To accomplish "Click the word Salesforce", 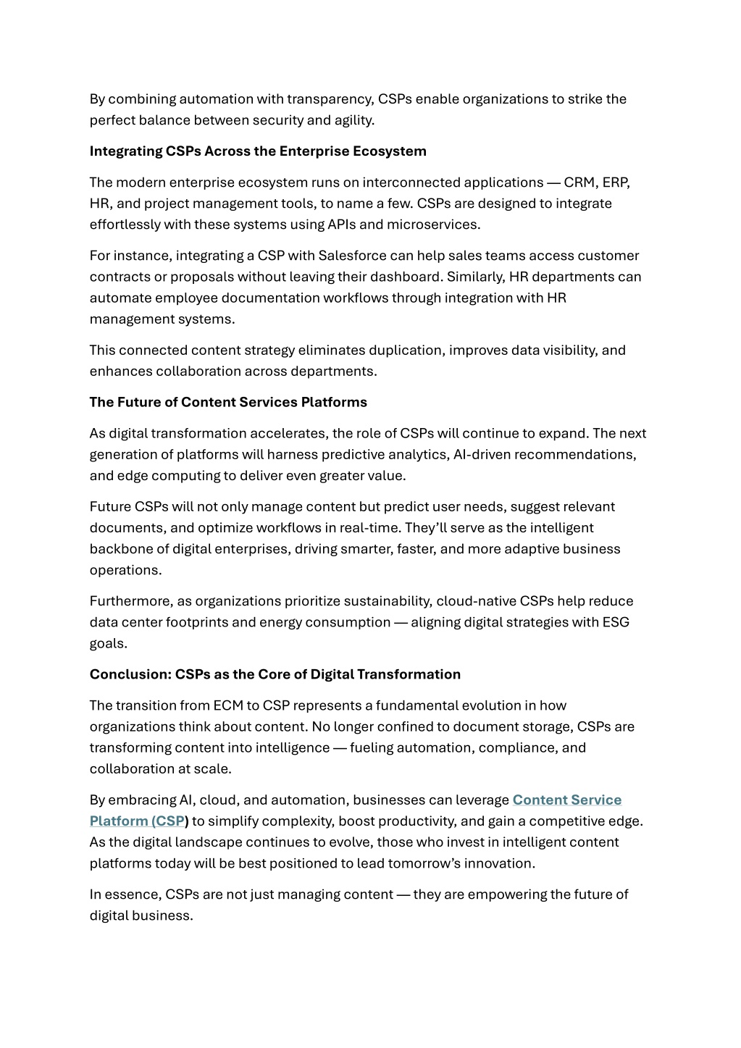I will point(352,256).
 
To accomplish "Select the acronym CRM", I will point(578,183).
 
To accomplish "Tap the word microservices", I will point(432,225).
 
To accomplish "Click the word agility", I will point(353,120).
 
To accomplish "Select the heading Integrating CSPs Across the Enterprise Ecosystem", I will point(258,151).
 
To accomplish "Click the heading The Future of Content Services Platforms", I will point(228,403).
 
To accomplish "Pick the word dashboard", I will point(408,277).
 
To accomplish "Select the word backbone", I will point(119,549).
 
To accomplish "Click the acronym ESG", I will point(616,622).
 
